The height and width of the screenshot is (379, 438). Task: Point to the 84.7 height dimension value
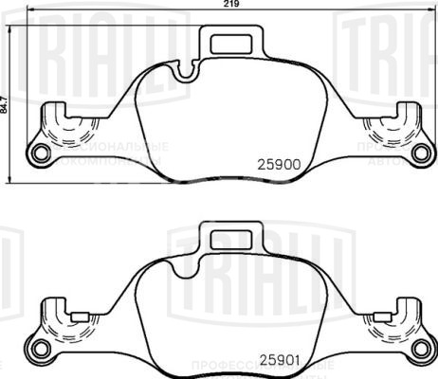[5, 101]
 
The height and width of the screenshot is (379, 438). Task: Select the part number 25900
[279, 163]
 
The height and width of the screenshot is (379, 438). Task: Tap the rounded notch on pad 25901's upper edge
[184, 262]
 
